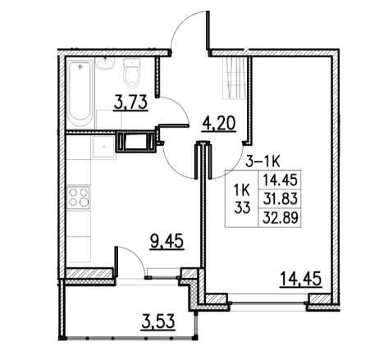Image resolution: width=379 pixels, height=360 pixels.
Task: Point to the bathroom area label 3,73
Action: (130, 103)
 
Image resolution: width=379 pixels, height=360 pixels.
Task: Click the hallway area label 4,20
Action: (219, 125)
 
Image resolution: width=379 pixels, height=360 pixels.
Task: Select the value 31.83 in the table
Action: (280, 198)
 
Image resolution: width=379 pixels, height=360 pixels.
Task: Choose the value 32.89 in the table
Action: (280, 217)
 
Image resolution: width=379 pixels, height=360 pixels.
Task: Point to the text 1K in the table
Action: (243, 190)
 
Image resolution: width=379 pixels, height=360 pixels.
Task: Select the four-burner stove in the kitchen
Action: (79, 198)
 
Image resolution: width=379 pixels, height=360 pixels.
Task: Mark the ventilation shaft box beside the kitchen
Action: (135, 143)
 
